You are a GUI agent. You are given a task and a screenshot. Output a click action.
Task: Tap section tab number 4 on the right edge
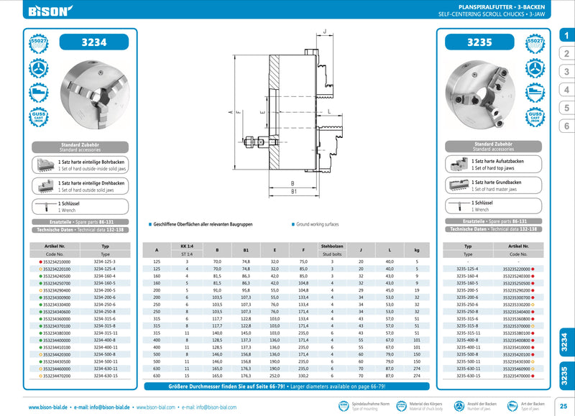click(566, 90)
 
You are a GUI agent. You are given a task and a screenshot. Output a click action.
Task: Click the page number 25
click(563, 407)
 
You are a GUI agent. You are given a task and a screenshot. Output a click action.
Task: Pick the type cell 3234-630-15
click(105, 375)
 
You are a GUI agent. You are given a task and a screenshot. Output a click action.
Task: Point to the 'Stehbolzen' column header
click(332, 246)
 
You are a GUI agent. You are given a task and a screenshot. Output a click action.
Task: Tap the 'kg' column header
click(416, 250)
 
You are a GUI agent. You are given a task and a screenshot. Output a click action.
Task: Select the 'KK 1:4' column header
click(187, 246)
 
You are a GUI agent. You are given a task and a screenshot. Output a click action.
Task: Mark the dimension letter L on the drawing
click(328, 113)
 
